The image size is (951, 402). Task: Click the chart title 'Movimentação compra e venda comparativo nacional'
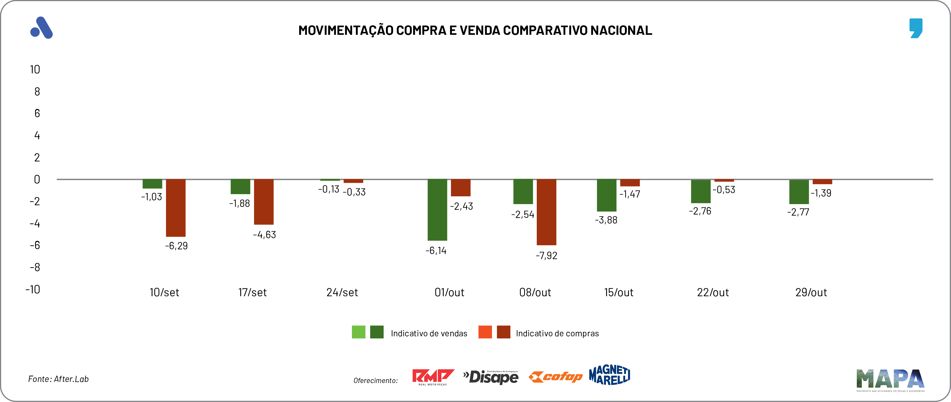475,30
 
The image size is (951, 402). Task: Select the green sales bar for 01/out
437,210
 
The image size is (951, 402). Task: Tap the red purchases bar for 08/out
546,212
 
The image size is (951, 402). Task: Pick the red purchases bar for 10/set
176,208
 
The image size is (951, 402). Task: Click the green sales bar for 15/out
606,195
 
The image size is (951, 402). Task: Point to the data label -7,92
546,255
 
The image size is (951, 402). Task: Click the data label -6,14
436,251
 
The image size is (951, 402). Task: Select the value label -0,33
354,192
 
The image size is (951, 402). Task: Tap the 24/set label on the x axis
342,292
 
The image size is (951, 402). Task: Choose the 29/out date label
811,292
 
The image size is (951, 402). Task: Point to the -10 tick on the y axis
33,289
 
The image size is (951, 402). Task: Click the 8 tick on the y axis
37,92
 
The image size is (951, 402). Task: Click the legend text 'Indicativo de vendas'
429,333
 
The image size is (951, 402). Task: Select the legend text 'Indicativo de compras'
557,333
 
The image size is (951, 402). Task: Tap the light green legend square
359,332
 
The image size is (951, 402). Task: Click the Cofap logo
555,377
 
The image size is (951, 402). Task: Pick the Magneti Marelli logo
610,375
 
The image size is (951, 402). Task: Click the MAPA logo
890,380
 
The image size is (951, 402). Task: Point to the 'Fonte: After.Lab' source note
58,379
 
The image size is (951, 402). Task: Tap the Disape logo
491,377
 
